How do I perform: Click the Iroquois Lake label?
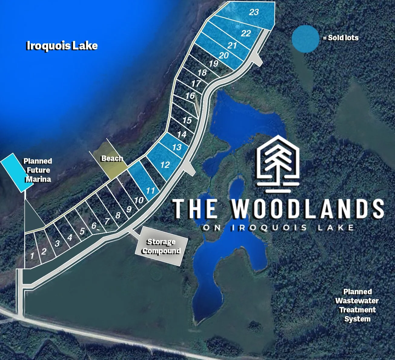(x=62, y=46)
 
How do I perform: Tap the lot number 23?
(x=254, y=12)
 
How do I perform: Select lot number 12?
(x=165, y=165)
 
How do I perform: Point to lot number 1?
(x=32, y=256)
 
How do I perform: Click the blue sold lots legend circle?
(x=305, y=39)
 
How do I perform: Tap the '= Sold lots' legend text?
(x=341, y=38)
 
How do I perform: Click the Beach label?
(x=112, y=158)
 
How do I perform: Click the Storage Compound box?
(x=161, y=246)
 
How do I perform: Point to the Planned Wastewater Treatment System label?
(x=357, y=305)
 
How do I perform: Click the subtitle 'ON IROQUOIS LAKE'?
(x=278, y=228)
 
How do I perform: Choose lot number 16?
(x=190, y=96)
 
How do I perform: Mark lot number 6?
(x=94, y=225)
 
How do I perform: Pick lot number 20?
(x=224, y=55)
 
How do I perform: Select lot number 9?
(x=129, y=209)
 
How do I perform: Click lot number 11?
(x=150, y=191)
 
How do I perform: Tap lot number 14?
(x=182, y=134)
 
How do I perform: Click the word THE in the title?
(x=195, y=209)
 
